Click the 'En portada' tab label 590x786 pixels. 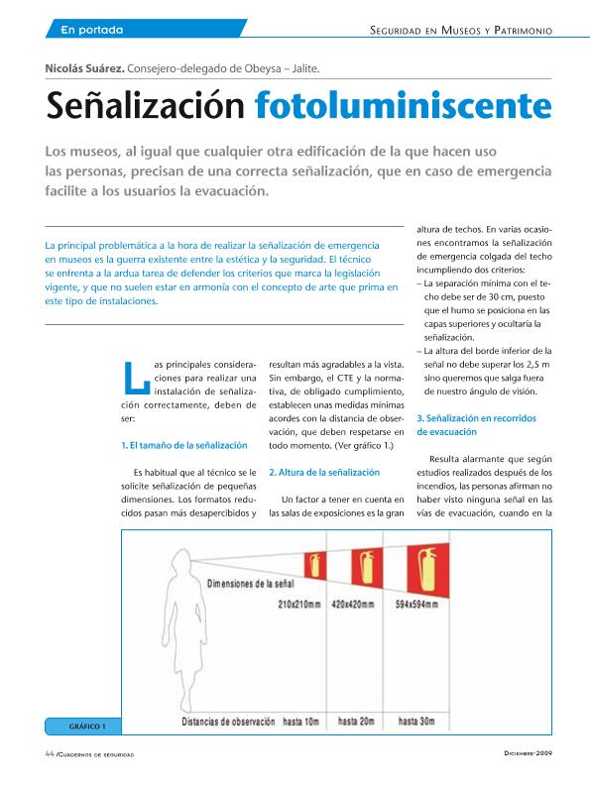tap(91, 30)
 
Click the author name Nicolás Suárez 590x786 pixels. tap(83, 68)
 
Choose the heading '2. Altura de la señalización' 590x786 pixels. tap(324, 472)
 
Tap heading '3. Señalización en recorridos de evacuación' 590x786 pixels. tap(477, 425)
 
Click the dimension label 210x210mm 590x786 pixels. tap(299, 604)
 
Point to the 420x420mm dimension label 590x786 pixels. tap(352, 604)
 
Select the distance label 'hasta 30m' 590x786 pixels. tap(416, 722)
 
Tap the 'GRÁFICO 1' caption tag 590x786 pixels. tap(87, 727)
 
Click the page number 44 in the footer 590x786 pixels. tap(49, 754)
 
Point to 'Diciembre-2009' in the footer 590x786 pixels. tap(533, 755)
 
